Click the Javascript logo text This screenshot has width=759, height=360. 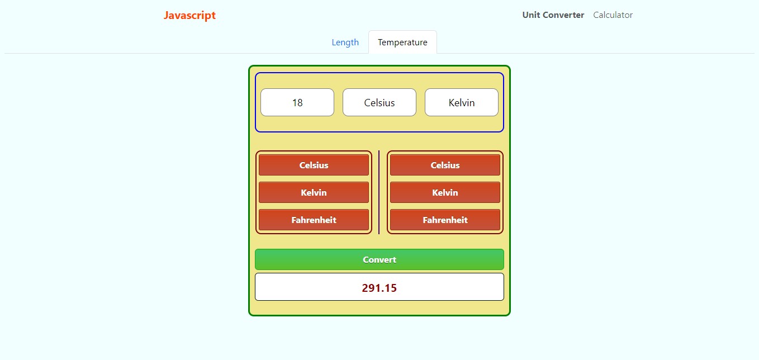point(189,15)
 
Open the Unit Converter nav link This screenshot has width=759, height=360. point(553,15)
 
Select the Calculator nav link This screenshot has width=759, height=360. point(613,15)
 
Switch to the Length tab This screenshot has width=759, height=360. point(345,42)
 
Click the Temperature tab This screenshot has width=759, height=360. point(402,42)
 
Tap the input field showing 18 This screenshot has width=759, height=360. point(297,102)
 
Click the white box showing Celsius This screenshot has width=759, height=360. point(379,102)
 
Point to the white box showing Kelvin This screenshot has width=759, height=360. point(462,102)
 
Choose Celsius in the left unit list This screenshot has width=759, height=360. point(314,165)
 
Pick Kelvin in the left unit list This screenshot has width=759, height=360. point(314,192)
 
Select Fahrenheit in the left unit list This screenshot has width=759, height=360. point(314,220)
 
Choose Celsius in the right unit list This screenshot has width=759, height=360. point(445,165)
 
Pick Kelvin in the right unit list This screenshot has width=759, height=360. point(445,192)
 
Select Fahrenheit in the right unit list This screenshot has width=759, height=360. point(445,220)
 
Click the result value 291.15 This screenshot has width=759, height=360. point(379,288)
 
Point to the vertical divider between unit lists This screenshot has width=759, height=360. point(379,192)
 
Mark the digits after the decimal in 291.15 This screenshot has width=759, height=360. point(390,288)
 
